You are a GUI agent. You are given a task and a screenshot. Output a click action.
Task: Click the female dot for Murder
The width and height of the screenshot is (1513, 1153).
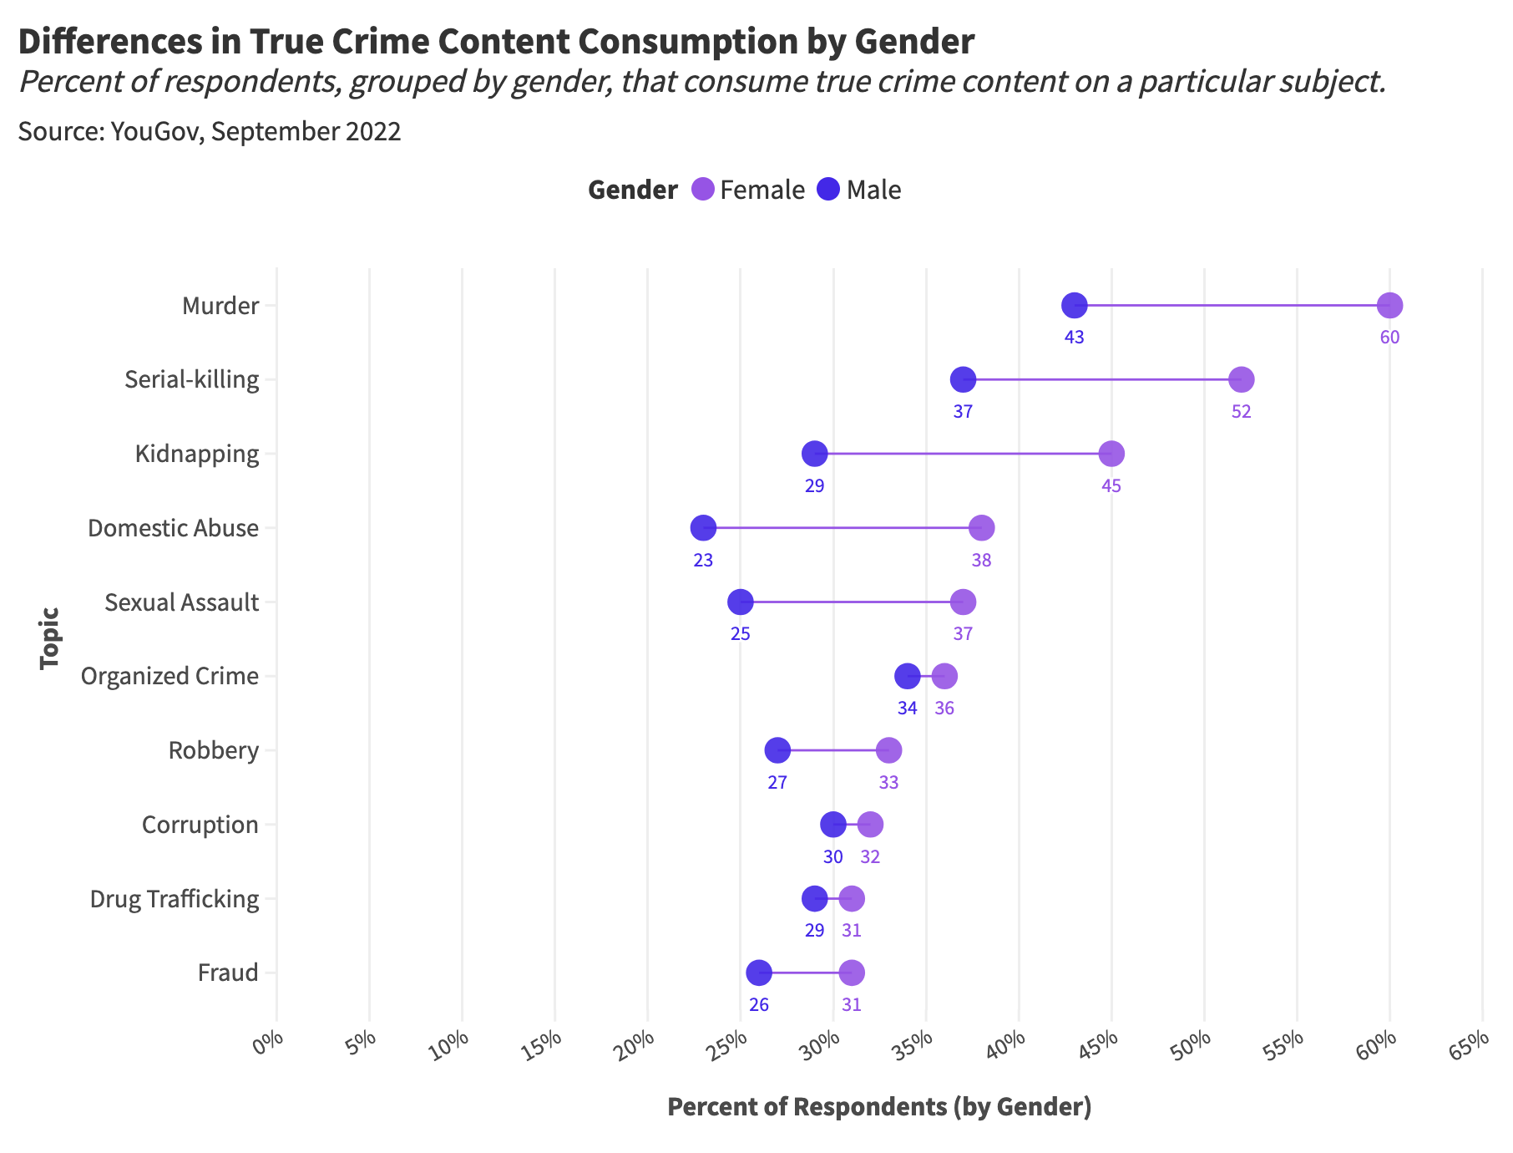click(1389, 306)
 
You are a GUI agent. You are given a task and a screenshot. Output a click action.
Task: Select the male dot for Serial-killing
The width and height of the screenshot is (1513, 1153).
click(963, 380)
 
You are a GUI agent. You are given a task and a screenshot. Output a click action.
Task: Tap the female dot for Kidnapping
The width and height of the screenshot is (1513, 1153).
click(1111, 454)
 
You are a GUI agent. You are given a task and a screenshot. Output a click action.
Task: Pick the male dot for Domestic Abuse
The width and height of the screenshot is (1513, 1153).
click(703, 528)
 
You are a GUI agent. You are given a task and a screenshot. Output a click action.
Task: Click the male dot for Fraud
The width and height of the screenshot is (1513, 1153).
click(758, 973)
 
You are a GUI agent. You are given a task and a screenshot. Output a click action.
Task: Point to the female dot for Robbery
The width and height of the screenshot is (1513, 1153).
click(888, 750)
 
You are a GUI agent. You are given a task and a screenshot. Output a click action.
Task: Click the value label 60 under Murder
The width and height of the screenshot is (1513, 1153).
click(1389, 338)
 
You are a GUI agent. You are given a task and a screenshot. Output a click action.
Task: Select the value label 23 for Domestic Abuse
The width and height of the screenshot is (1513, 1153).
click(703, 560)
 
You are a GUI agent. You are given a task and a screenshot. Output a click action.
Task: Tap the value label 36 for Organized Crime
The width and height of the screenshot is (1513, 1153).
click(944, 709)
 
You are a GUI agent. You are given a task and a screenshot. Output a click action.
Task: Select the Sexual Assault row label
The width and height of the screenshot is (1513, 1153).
click(181, 602)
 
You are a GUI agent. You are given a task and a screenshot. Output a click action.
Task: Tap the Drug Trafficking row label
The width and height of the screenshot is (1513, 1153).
click(174, 899)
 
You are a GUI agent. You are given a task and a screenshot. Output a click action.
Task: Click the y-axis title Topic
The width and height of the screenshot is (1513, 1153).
click(50, 637)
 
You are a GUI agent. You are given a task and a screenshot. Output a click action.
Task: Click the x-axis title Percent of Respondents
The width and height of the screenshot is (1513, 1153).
click(878, 1107)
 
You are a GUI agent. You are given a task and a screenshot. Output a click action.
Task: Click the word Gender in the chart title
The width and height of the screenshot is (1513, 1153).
click(924, 42)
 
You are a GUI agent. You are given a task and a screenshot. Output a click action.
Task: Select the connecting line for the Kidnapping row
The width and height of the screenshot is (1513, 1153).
click(960, 454)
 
